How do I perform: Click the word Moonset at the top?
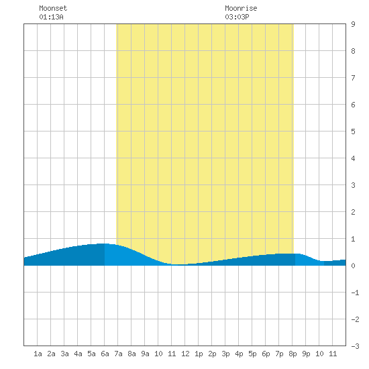[53, 8]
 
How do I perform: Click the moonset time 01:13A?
[51, 17]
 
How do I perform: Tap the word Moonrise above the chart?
[241, 8]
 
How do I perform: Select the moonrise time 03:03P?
[237, 17]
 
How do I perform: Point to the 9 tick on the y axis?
[353, 24]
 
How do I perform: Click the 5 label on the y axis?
[353, 131]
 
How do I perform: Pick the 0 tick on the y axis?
[353, 266]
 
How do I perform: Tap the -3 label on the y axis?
[355, 346]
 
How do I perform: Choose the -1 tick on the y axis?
[355, 293]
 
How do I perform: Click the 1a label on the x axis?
[38, 354]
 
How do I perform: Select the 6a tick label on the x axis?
[105, 354]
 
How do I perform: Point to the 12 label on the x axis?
[185, 354]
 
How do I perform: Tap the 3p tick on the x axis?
[225, 354]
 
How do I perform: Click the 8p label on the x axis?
[293, 354]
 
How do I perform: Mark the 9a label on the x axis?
[145, 354]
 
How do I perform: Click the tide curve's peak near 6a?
[103, 244]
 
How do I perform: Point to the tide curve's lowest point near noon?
[178, 265]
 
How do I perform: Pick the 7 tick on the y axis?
[353, 78]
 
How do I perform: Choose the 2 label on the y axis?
[353, 212]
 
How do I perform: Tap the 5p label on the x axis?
[252, 354]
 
